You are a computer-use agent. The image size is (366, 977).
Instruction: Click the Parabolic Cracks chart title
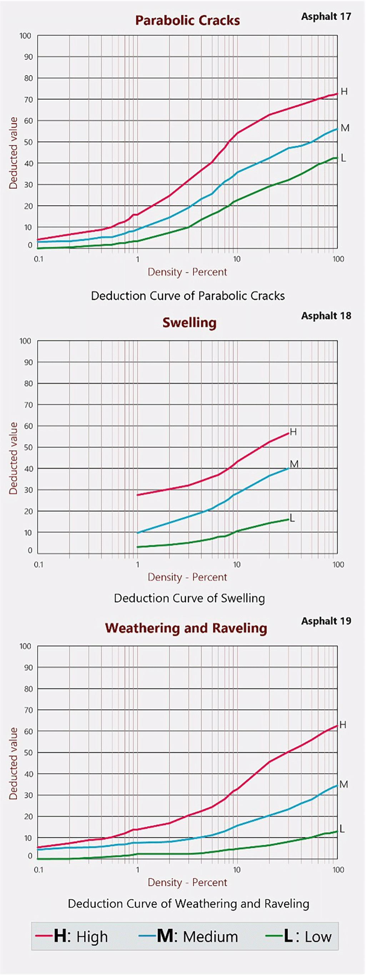pyautogui.click(x=187, y=20)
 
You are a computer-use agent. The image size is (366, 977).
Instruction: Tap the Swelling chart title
pyautogui.click(x=190, y=323)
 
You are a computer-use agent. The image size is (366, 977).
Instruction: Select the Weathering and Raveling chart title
pyautogui.click(x=186, y=628)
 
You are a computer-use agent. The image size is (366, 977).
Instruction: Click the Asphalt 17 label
pyautogui.click(x=326, y=17)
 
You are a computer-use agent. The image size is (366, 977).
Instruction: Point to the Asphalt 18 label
pyautogui.click(x=326, y=316)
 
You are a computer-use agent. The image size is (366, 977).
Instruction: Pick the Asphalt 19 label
pyautogui.click(x=326, y=621)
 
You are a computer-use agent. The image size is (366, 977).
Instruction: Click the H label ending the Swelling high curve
pyautogui.click(x=293, y=432)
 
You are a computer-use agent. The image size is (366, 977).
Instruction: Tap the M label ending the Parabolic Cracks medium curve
pyautogui.click(x=345, y=128)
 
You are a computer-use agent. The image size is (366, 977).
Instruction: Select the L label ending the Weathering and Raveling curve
pyautogui.click(x=342, y=829)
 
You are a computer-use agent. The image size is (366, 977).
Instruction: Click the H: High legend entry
pyautogui.click(x=72, y=936)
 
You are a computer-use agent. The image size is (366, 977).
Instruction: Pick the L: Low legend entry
pyautogui.click(x=299, y=936)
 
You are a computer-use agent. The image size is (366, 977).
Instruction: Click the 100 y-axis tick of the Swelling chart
pyautogui.click(x=25, y=341)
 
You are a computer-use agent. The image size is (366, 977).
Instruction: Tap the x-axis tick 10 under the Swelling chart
pyautogui.click(x=236, y=565)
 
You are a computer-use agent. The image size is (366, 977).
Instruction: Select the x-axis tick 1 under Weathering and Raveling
pyautogui.click(x=137, y=870)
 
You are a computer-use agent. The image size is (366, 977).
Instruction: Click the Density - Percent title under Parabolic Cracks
pyautogui.click(x=187, y=272)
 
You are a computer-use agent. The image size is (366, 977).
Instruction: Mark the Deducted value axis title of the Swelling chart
pyautogui.click(x=14, y=458)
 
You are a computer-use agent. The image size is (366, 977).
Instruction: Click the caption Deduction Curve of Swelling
pyautogui.click(x=190, y=598)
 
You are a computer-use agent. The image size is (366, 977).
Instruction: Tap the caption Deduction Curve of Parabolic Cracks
pyautogui.click(x=188, y=296)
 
